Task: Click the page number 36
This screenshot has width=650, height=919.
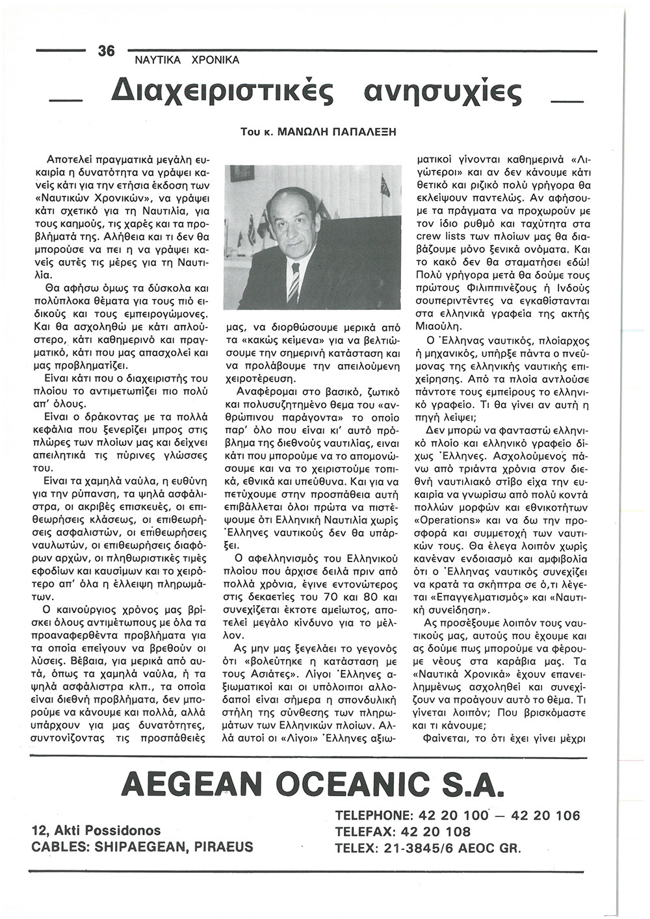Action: click(106, 50)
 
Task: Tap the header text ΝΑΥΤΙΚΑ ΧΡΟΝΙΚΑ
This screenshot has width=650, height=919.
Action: click(187, 60)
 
